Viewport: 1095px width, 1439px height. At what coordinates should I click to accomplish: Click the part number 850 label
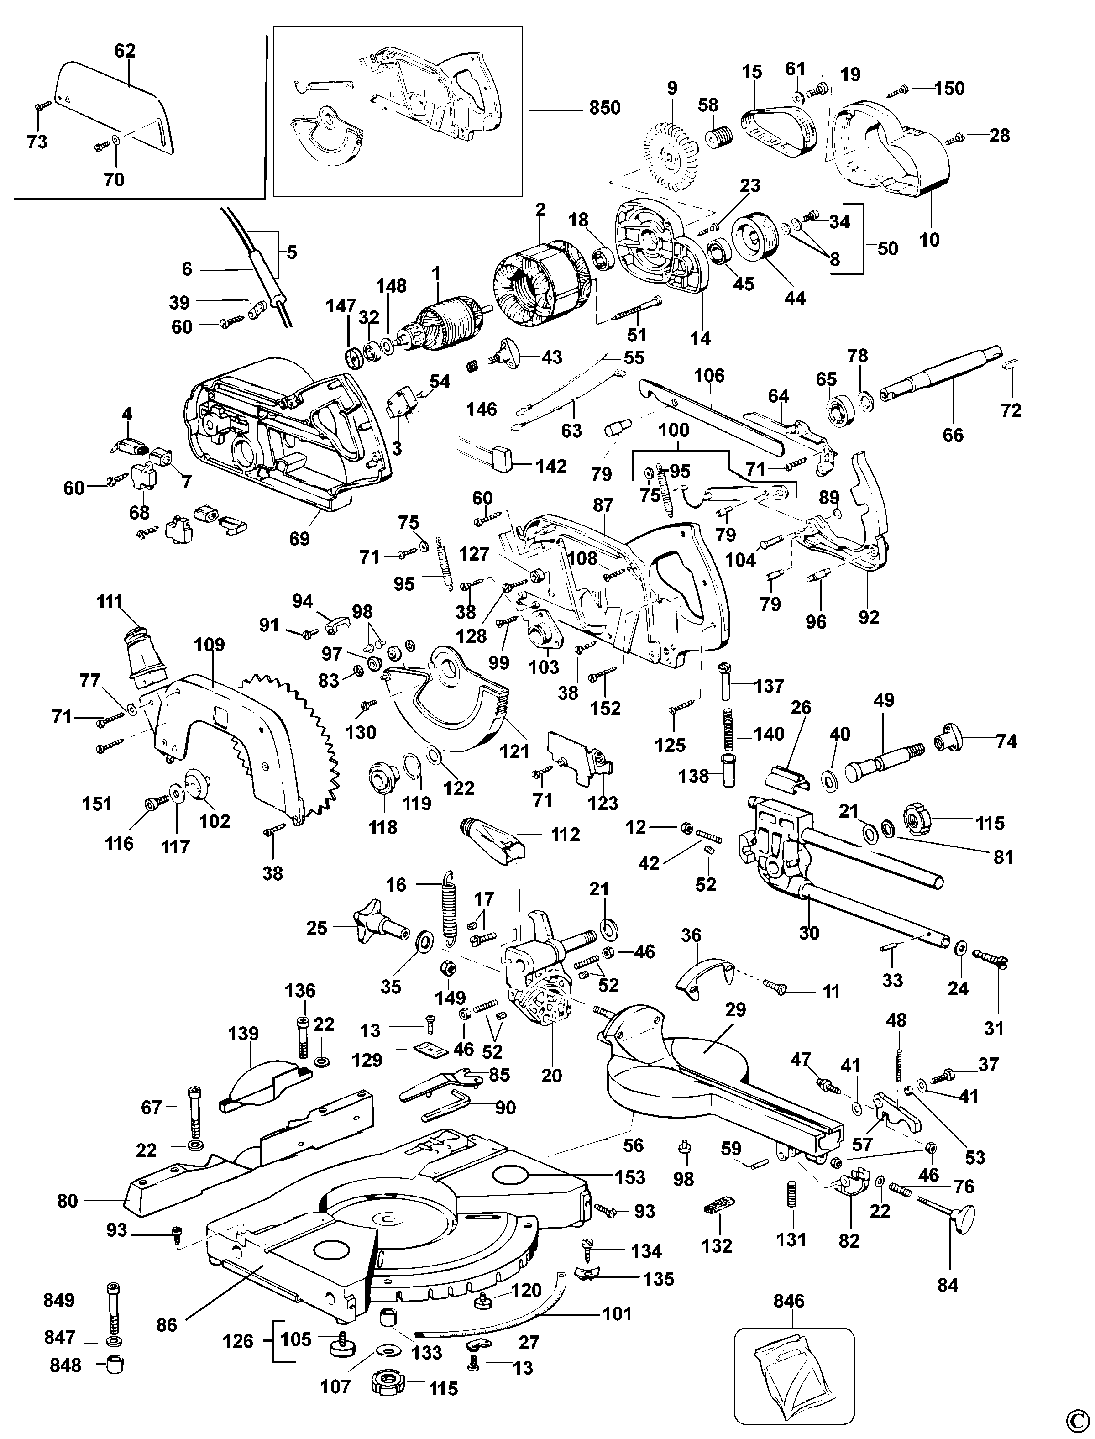coord(604,108)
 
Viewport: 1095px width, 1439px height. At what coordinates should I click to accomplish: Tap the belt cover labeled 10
coord(886,150)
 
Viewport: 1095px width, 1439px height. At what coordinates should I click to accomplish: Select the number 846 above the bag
coord(789,1301)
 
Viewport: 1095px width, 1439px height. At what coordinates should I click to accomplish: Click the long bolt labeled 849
coord(113,1307)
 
